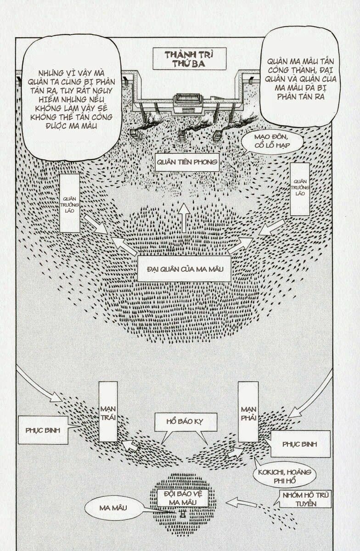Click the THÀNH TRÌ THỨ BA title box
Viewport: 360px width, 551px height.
pyautogui.click(x=189, y=58)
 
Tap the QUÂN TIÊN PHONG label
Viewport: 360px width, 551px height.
pyautogui.click(x=186, y=162)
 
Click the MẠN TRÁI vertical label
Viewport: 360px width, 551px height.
pyautogui.click(x=108, y=411)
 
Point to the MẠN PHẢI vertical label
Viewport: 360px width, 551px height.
pyautogui.click(x=248, y=411)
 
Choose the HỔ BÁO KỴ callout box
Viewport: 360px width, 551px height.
pyautogui.click(x=185, y=421)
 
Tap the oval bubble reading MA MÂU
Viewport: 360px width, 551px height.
pyautogui.click(x=112, y=508)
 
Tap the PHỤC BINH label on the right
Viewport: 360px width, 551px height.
pyautogui.click(x=300, y=444)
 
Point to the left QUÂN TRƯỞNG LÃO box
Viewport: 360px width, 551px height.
pyautogui.click(x=70, y=203)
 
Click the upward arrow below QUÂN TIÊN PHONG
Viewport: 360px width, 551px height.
pyautogui.click(x=184, y=217)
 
